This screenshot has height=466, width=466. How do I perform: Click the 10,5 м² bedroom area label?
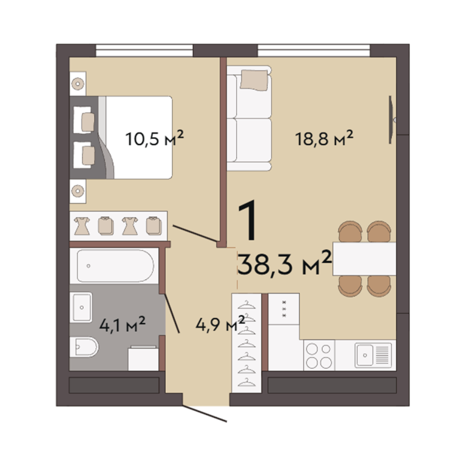tap(155, 138)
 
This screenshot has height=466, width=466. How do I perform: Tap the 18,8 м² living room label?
tap(324, 138)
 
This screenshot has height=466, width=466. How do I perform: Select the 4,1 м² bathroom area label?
tap(122, 324)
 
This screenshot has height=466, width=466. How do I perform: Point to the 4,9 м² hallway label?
tap(220, 323)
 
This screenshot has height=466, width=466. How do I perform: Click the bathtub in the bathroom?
tap(115, 265)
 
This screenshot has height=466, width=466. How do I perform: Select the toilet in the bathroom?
tap(84, 347)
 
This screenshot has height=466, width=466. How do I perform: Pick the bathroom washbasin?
tap(81, 307)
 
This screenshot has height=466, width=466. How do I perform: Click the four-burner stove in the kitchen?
tap(319, 356)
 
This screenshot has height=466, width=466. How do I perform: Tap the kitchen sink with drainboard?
tap(373, 355)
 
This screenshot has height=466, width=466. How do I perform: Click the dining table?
tap(364, 259)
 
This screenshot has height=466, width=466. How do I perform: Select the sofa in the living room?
tap(249, 118)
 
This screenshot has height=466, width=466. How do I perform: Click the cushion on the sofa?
tap(254, 79)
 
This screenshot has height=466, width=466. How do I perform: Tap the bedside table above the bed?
tap(78, 84)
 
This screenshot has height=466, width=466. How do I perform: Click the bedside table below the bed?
tap(78, 191)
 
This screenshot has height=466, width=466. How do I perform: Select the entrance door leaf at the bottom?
tap(204, 413)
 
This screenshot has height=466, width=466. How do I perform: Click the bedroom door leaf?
tap(195, 233)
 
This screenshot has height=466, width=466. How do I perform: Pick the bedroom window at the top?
tap(144, 50)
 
